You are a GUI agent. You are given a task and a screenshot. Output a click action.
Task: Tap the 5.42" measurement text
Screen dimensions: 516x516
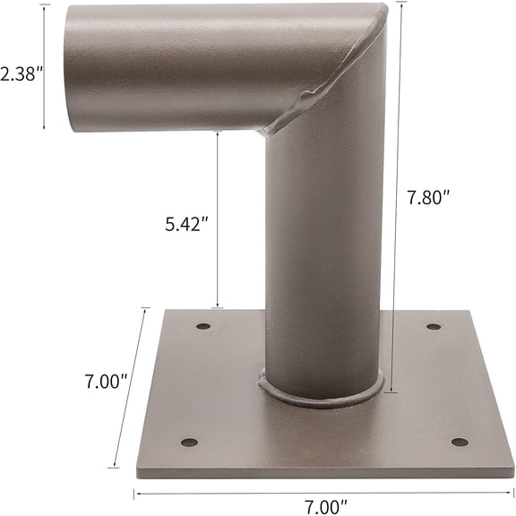[x=187, y=223]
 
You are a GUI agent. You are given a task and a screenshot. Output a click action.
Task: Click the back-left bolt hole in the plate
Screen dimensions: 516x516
[x=203, y=326]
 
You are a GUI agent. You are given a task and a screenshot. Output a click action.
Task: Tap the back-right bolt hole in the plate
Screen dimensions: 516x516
[x=434, y=326]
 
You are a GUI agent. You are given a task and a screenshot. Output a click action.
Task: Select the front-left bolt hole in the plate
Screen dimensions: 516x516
[x=188, y=443]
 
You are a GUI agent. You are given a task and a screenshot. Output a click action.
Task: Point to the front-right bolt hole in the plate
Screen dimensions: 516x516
[x=459, y=443]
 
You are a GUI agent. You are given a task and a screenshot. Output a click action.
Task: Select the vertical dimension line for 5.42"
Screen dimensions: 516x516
[x=217, y=219]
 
